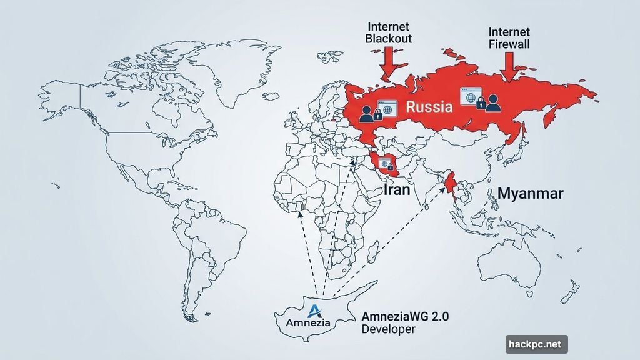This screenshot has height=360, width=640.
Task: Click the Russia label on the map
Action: pos(429,106)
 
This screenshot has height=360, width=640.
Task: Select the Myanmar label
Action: pos(530,193)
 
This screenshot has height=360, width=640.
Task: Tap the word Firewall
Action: pos(510,43)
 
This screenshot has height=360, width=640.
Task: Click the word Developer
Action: pos(388,329)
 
